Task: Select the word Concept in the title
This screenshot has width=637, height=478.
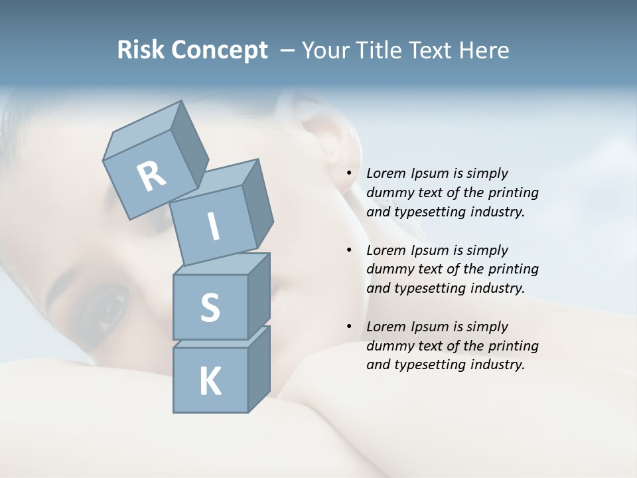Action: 220,50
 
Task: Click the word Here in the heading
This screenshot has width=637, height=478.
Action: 487,50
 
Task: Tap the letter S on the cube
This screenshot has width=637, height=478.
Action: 210,308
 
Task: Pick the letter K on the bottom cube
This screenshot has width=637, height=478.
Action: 210,381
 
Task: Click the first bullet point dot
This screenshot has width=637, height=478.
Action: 350,173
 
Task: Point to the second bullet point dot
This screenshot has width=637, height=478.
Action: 350,250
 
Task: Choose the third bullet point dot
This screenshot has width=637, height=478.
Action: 350,327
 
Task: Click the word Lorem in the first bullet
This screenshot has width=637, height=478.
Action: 386,173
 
